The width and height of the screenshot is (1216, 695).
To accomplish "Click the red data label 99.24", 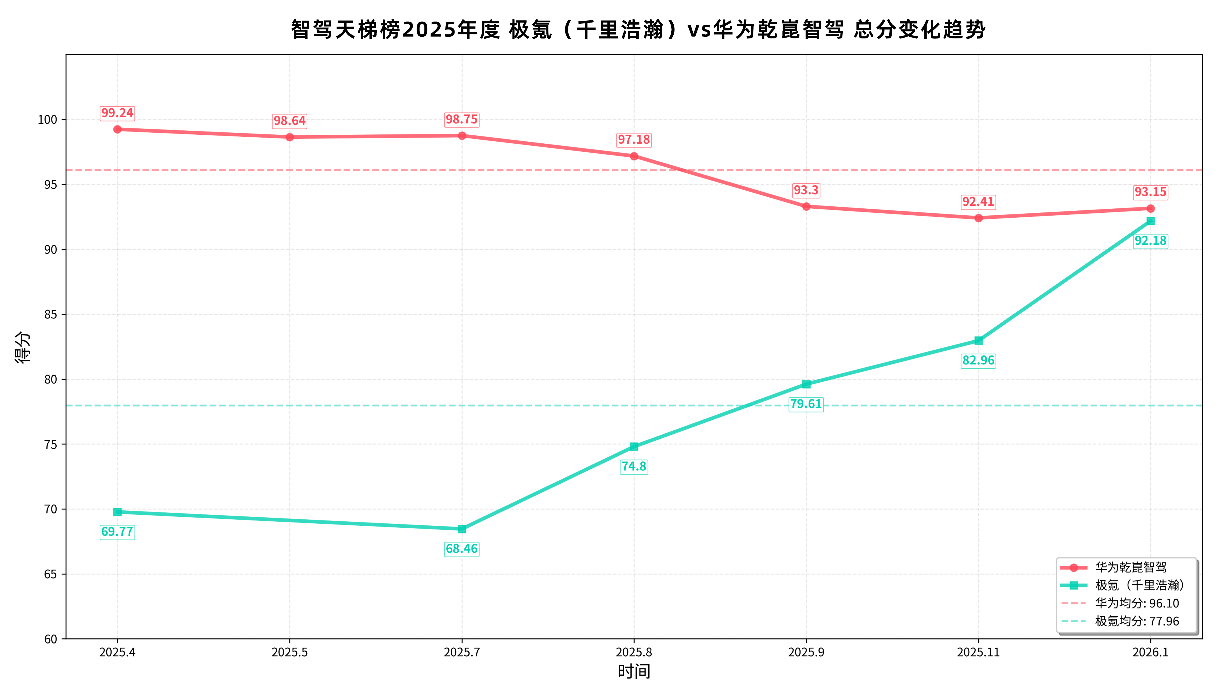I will tap(117, 113).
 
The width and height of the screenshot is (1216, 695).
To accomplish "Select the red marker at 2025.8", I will tap(634, 156).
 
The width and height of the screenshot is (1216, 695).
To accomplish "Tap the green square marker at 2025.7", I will tap(462, 529).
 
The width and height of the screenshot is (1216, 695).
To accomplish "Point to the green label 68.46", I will tap(462, 549).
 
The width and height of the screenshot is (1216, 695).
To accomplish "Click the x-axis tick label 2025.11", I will tap(978, 652).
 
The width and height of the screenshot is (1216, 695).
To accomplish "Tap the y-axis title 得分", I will tap(23, 347).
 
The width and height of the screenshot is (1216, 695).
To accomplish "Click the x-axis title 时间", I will tap(634, 671).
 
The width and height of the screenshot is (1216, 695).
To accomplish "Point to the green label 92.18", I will tap(1151, 241).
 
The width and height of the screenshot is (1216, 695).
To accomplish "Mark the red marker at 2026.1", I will tap(1151, 209).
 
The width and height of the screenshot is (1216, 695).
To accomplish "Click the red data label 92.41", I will tap(978, 202).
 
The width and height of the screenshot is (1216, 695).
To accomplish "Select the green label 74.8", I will tap(634, 466).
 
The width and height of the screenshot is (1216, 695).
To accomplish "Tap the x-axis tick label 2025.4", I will tap(117, 652).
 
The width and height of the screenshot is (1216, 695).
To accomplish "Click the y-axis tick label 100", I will tap(48, 120).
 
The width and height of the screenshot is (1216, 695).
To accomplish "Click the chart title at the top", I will tap(638, 29).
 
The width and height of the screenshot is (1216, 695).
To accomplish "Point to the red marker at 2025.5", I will tap(290, 137).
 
